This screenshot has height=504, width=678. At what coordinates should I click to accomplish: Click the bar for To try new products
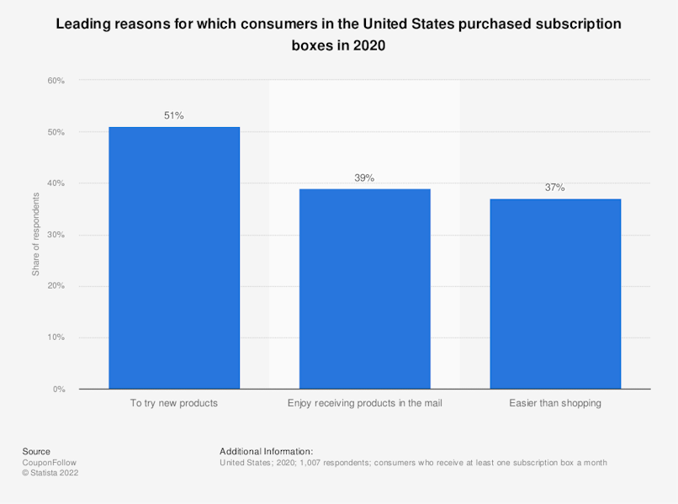[174, 257]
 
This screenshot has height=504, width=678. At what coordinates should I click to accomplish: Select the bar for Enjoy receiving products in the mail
[364, 289]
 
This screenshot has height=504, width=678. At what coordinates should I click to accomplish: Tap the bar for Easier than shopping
[555, 294]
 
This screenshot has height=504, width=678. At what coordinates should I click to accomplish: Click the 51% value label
[174, 116]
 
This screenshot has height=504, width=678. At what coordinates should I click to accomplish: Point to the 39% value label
[364, 178]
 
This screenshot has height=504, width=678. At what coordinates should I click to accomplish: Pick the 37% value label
[555, 188]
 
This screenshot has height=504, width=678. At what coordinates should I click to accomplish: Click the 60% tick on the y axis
[56, 81]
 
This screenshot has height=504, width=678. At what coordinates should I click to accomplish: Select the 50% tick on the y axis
[56, 132]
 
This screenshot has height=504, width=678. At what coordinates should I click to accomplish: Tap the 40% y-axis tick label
[56, 183]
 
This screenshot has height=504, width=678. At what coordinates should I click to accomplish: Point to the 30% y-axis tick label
[56, 235]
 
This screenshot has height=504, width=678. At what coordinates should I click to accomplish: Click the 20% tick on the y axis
[56, 286]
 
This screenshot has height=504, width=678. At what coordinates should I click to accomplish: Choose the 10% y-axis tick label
[56, 337]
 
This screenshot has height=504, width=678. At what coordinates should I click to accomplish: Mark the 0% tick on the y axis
[58, 389]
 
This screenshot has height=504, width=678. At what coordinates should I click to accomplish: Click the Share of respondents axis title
[36, 234]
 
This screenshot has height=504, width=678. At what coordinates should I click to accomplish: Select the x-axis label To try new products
[174, 403]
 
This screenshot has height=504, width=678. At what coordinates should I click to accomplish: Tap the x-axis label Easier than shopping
[555, 403]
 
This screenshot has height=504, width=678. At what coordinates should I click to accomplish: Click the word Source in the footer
[36, 452]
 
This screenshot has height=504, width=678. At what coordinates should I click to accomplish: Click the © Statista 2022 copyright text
[50, 473]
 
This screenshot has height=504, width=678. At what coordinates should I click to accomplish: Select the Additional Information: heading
[266, 452]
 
